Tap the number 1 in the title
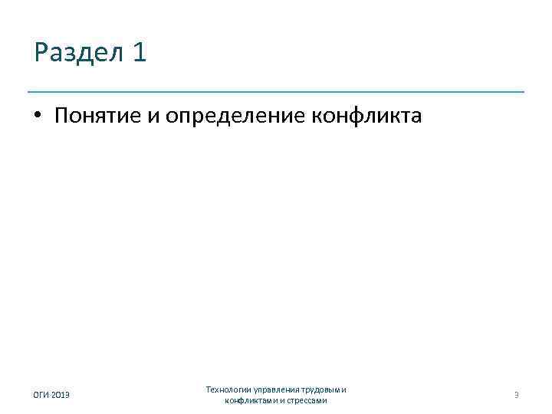(139, 53)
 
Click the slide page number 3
(517, 395)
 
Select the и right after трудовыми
(344, 389)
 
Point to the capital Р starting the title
(40, 54)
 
